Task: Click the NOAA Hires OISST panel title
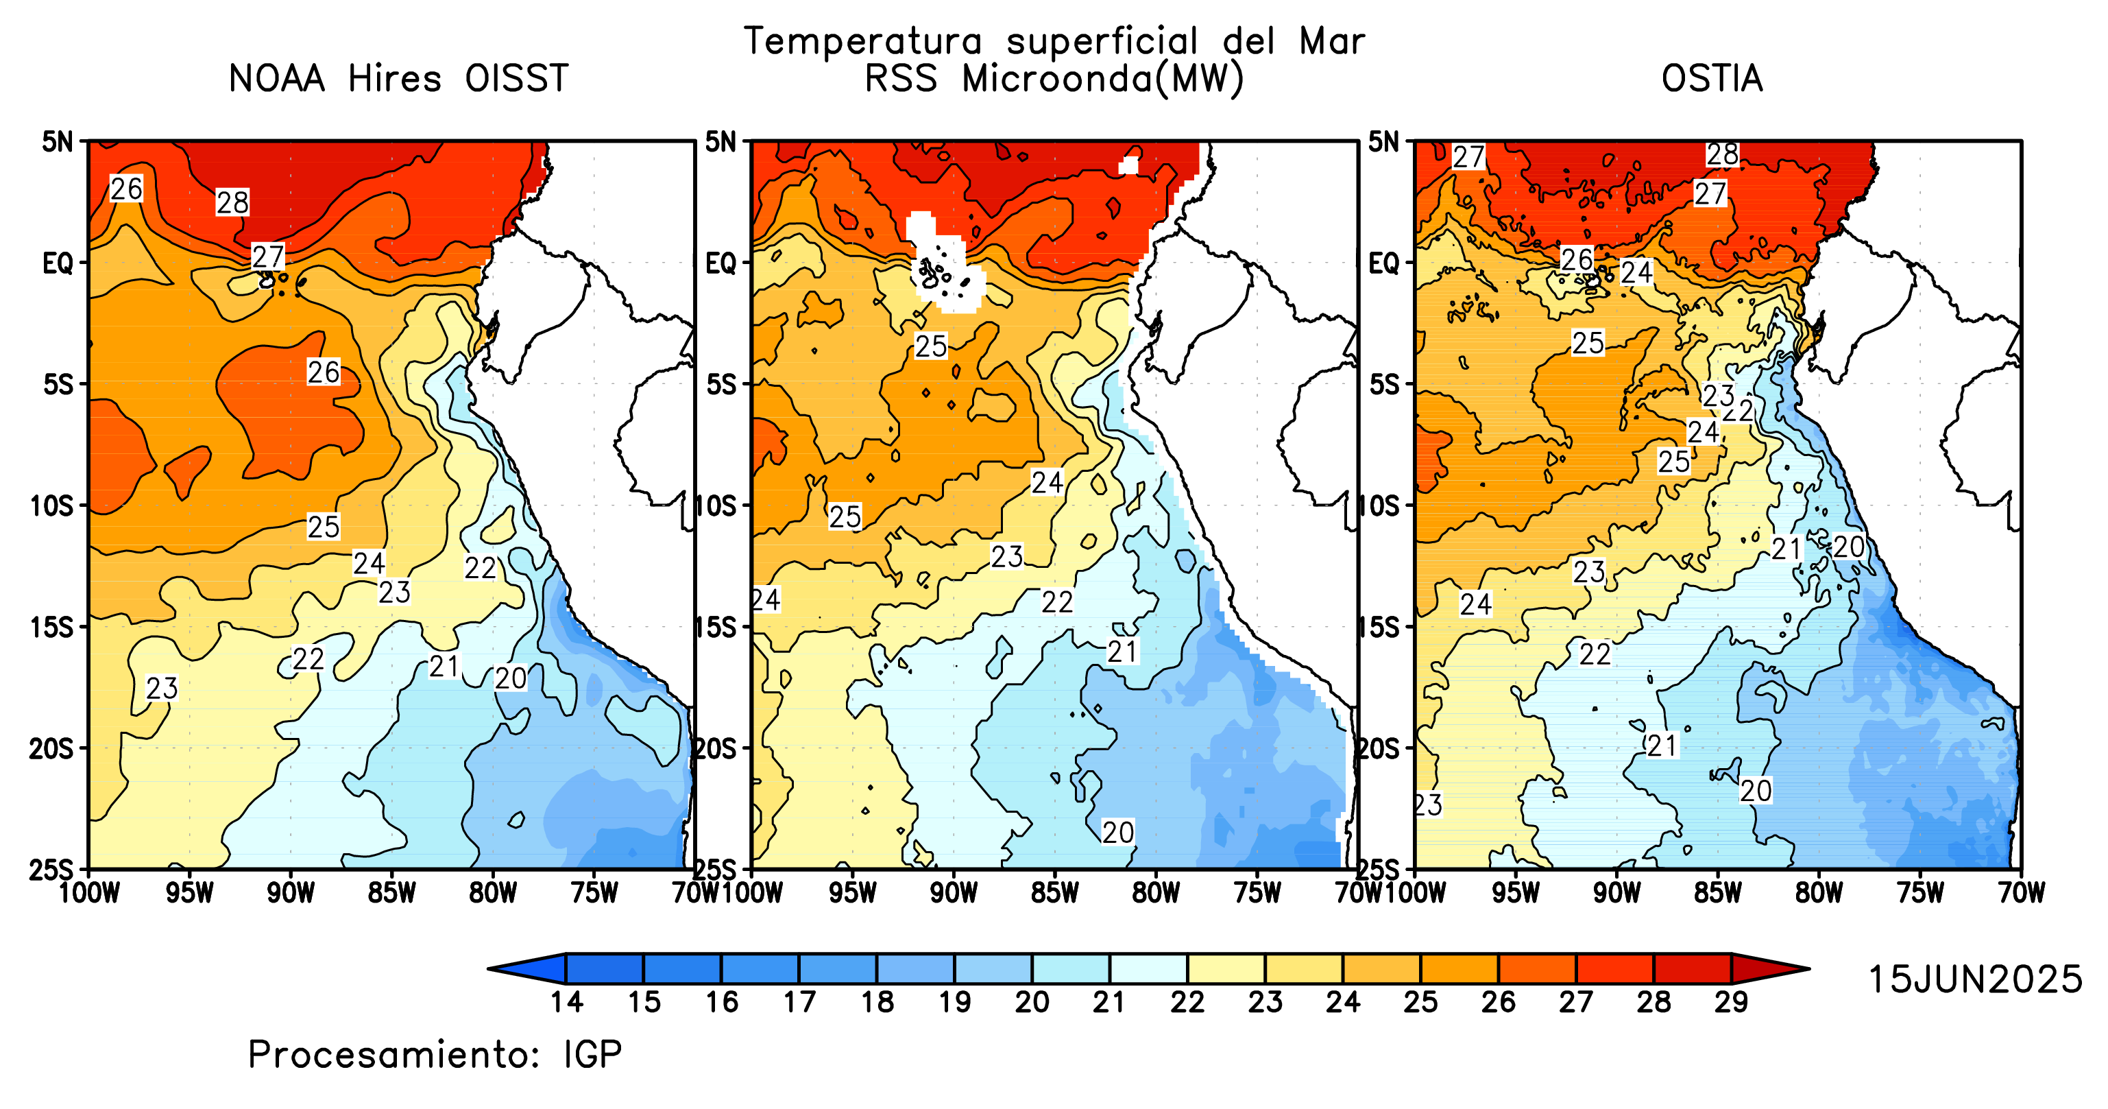point(398,79)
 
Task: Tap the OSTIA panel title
point(1711,79)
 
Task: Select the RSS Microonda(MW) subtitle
point(1054,80)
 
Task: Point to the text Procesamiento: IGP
point(435,1054)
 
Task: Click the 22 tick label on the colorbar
point(1187,1002)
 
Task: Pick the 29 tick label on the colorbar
point(1732,1002)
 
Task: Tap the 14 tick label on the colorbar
point(566,1002)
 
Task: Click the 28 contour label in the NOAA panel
point(232,202)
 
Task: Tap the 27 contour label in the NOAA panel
point(267,257)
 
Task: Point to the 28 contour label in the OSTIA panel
point(1722,154)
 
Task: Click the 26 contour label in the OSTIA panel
point(1576,259)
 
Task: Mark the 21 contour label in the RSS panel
point(1123,652)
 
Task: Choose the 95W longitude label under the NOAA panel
point(190,892)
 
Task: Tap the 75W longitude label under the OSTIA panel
point(1919,892)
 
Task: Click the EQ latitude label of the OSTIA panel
point(1385,263)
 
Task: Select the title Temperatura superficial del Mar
point(1054,41)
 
